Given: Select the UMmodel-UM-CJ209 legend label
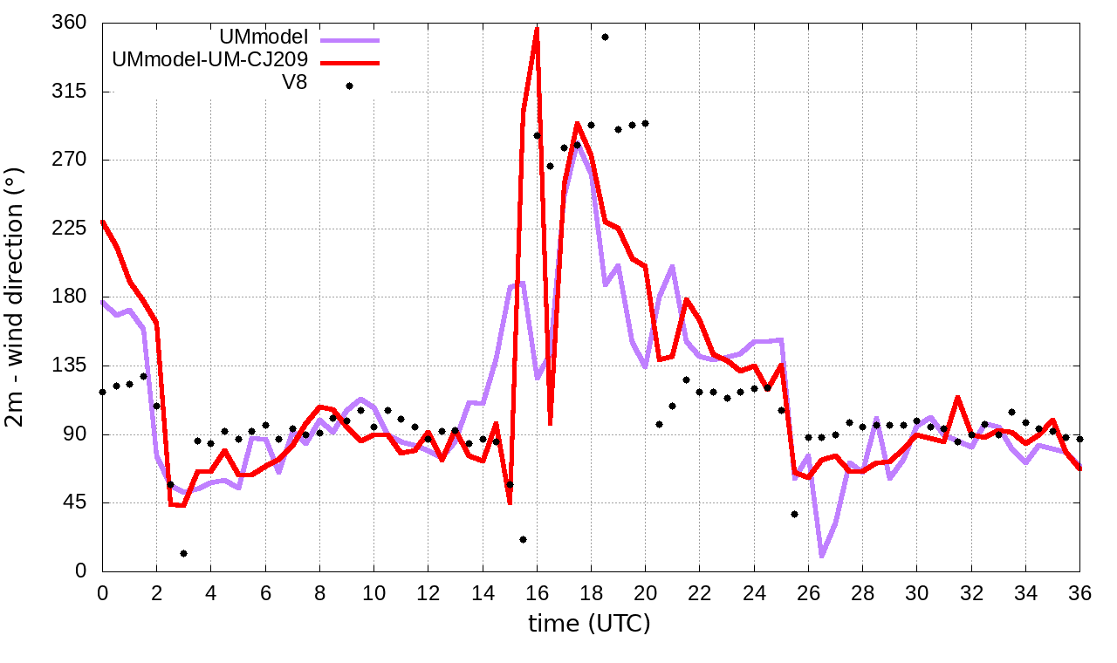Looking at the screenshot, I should [209, 61].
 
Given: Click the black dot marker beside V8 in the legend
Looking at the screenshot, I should [349, 85].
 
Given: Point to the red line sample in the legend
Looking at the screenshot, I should [349, 62].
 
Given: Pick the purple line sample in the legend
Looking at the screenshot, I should [349, 39].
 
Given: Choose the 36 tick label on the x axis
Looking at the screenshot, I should [1079, 591].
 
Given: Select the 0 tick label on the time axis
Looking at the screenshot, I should [102, 591].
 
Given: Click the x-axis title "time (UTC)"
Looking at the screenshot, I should [590, 623].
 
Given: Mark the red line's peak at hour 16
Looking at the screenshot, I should [537, 29].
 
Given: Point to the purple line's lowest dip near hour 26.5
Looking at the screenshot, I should [822, 555].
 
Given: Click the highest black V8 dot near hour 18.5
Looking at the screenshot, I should [605, 37].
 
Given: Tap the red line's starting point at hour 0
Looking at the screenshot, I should [102, 222].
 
